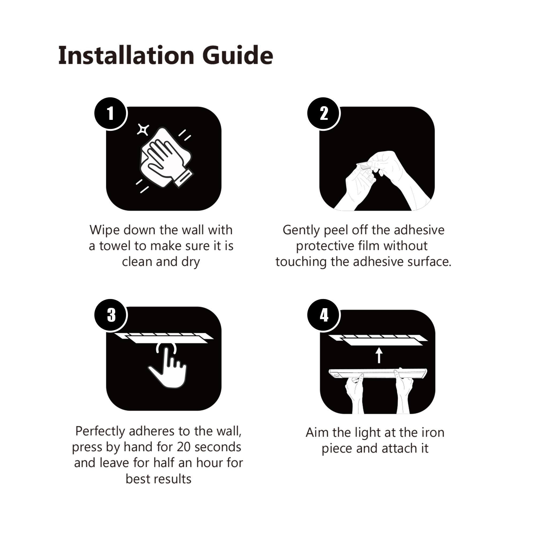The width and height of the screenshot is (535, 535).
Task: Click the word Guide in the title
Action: tap(238, 55)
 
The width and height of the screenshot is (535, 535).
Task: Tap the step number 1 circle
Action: tap(110, 113)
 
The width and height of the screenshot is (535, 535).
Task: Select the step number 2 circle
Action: tap(323, 113)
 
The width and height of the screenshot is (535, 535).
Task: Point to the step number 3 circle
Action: tap(110, 315)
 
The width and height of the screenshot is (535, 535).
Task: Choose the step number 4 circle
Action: tap(323, 315)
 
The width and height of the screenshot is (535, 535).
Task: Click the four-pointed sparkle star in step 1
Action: tap(143, 129)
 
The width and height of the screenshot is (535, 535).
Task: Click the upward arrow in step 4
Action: tap(379, 355)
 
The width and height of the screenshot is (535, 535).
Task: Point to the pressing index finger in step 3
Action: tap(166, 357)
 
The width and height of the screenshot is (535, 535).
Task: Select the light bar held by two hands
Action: tap(378, 373)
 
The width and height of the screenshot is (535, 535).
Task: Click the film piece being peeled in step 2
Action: tap(364, 166)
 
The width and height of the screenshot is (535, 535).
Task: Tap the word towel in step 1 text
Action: tap(117, 246)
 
